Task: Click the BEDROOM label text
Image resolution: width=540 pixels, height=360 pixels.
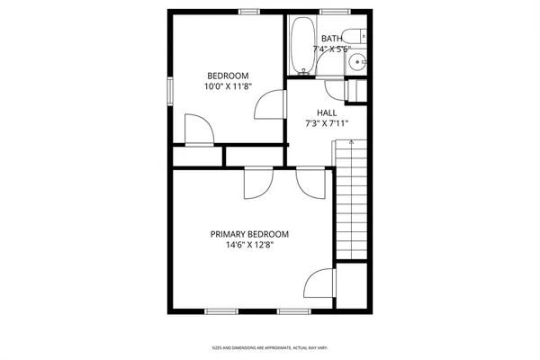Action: (x=228, y=76)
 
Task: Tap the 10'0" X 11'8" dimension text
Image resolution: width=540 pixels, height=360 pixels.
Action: (x=228, y=87)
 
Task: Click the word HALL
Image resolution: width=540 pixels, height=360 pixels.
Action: (x=327, y=112)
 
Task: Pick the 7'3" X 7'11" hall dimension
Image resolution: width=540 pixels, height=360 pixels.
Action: (x=327, y=124)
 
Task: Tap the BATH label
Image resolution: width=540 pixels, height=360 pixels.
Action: (x=332, y=39)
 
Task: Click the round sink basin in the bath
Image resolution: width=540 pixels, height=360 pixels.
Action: (x=358, y=62)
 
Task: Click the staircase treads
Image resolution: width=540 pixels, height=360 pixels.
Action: (x=352, y=202)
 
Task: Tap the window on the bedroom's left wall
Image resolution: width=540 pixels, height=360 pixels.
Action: (x=170, y=91)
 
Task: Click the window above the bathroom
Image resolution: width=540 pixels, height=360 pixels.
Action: (x=334, y=11)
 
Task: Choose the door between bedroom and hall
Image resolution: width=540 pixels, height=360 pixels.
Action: (x=269, y=107)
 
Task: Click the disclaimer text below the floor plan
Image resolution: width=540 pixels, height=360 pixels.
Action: (x=269, y=346)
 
